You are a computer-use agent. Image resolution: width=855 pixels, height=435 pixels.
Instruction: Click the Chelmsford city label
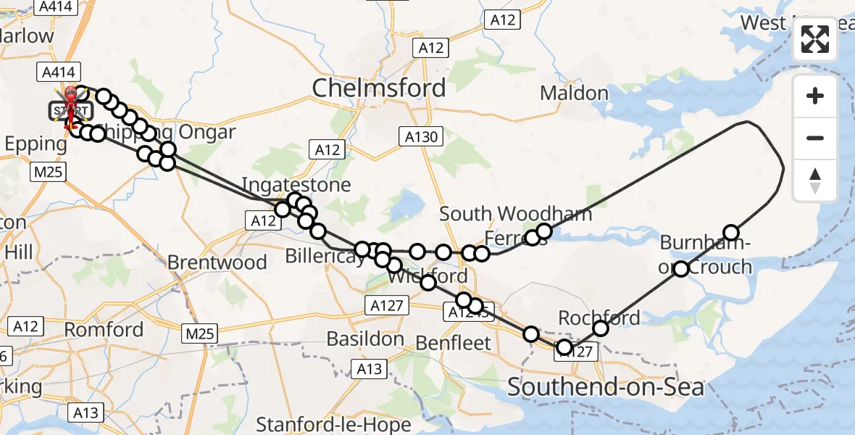click(x=379, y=88)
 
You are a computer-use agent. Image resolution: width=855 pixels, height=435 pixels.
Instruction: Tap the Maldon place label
click(x=574, y=93)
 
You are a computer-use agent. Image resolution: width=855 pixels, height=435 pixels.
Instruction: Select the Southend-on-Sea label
click(x=605, y=387)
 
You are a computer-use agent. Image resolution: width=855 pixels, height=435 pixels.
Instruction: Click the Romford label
click(x=104, y=329)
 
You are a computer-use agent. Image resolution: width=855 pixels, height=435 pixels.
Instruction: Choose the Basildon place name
click(x=365, y=339)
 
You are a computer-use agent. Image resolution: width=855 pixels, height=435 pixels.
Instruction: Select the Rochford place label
click(x=598, y=318)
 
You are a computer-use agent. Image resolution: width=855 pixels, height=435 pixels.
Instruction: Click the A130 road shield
click(x=419, y=136)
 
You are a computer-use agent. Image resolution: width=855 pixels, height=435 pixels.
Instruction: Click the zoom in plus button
click(x=815, y=96)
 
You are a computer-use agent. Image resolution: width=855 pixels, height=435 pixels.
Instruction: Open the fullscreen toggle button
click(x=815, y=40)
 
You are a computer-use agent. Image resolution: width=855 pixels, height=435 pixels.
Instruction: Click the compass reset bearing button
click(x=815, y=181)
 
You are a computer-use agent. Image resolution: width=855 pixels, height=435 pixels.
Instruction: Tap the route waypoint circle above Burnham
click(x=731, y=233)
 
